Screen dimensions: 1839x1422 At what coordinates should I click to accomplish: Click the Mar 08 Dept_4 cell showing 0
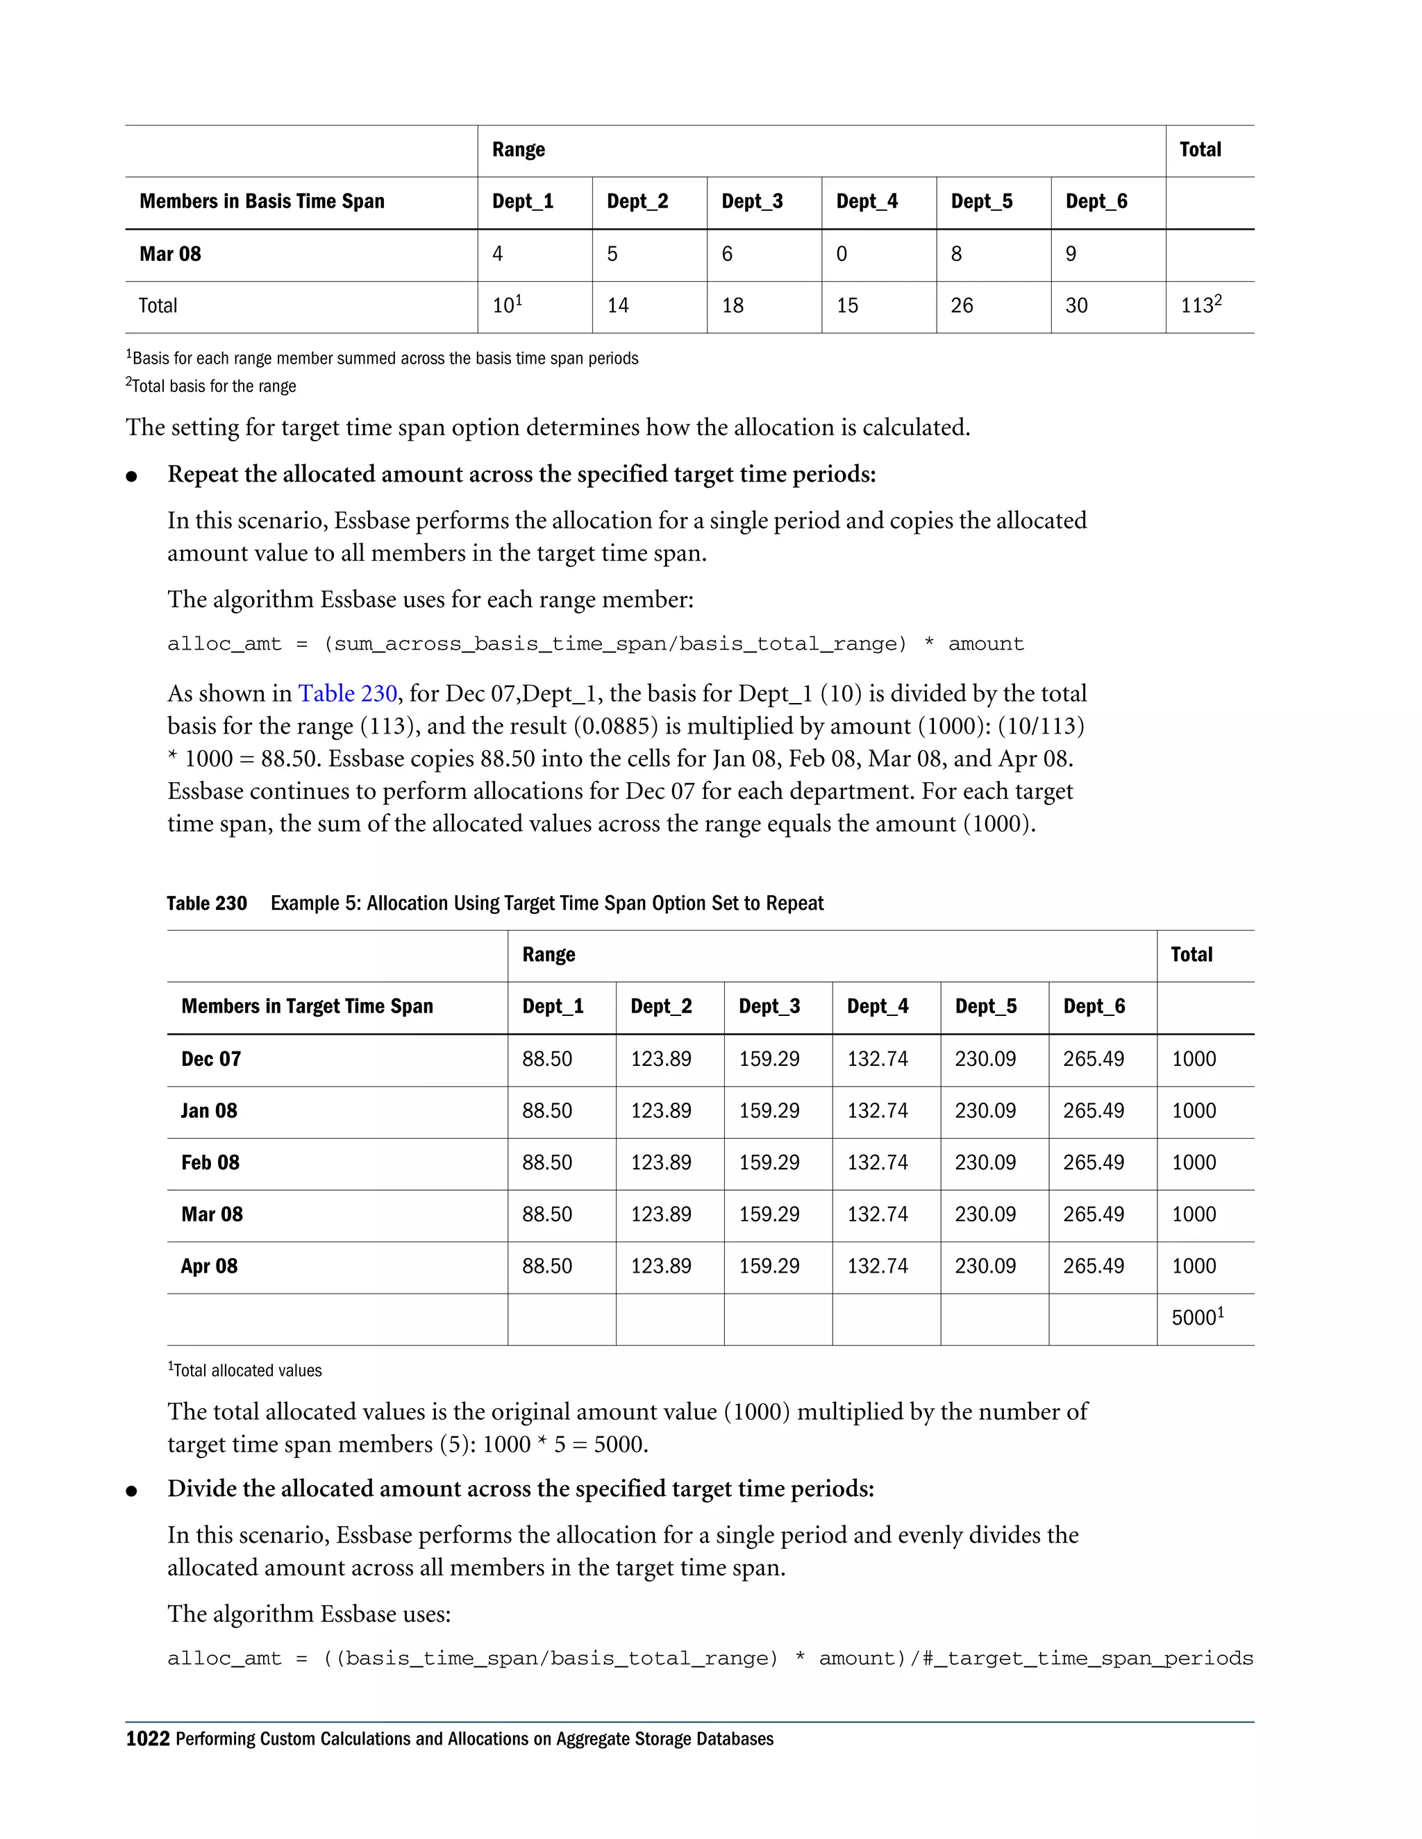(842, 254)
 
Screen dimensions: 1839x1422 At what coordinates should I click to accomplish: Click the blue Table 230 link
(347, 693)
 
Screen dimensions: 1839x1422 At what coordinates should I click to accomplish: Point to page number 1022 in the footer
(147, 1739)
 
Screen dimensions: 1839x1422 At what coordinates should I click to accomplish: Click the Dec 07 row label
(210, 1059)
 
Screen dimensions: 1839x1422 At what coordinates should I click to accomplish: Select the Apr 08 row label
(209, 1266)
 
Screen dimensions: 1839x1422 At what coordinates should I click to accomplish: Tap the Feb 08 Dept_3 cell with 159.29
(769, 1163)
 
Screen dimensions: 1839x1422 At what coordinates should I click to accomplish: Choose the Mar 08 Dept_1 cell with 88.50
(546, 1214)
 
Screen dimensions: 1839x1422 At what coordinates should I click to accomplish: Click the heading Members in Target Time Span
(307, 1006)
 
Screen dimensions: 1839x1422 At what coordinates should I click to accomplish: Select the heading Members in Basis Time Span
(262, 201)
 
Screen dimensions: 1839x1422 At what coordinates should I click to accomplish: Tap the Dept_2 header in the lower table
(660, 1006)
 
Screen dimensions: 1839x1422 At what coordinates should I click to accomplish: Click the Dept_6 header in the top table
(1096, 201)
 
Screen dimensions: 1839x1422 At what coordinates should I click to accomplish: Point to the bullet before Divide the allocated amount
(131, 1491)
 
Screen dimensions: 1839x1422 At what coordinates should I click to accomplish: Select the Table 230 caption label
(206, 904)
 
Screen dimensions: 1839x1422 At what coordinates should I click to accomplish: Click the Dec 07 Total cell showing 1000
(1193, 1059)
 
